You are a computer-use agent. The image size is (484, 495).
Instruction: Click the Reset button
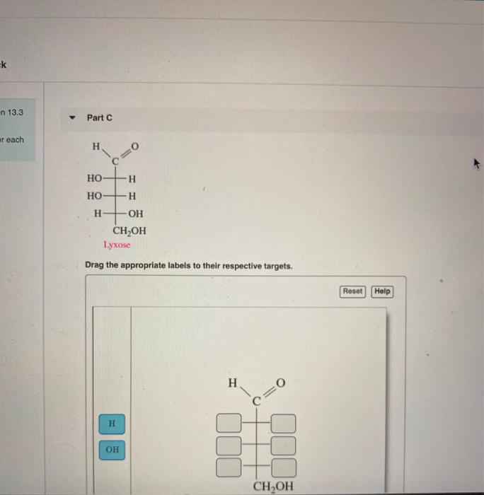tap(352, 291)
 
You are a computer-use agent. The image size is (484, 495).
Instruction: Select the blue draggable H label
tap(111, 423)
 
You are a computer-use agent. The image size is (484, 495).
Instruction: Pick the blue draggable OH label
tap(112, 450)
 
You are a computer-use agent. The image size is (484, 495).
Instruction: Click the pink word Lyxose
tap(117, 245)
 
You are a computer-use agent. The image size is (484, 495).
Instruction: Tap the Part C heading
tap(99, 117)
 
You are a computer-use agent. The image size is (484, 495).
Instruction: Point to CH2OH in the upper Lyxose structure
tap(129, 231)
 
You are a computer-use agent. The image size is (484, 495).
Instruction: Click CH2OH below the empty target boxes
tap(272, 486)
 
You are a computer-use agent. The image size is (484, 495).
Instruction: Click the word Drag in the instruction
tap(96, 266)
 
